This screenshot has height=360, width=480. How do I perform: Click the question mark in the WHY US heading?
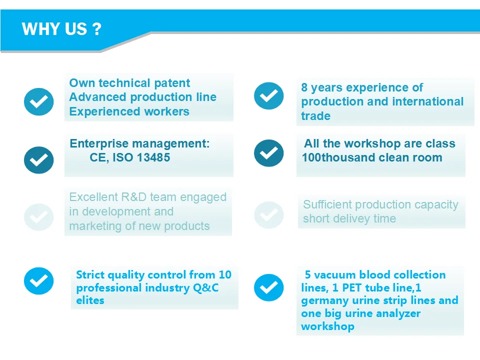coord(96,29)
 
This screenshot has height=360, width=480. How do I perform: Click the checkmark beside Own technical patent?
coord(39,101)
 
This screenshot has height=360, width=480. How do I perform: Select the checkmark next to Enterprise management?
coord(39,160)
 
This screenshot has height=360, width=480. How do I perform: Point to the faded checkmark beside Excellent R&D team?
coord(39,217)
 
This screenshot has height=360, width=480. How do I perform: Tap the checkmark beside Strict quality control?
coord(39,281)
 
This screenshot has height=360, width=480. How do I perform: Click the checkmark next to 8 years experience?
coord(269,96)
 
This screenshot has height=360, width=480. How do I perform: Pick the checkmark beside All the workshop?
coord(269,153)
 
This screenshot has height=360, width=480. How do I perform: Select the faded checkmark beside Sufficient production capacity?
coord(269,215)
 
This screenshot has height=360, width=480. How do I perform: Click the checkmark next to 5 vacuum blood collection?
coord(269,287)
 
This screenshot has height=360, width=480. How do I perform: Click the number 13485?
coord(153,157)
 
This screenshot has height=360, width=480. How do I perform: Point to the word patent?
coord(172,83)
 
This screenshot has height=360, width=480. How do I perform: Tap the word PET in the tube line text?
coord(351,288)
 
